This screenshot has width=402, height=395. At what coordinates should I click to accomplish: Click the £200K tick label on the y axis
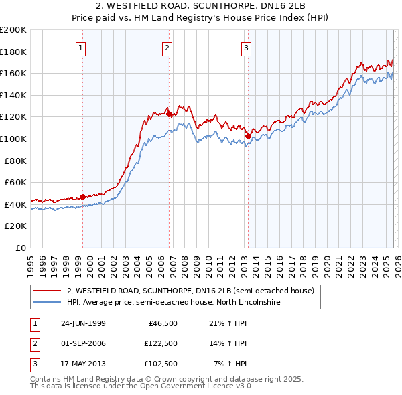pyautogui.click(x=13, y=30)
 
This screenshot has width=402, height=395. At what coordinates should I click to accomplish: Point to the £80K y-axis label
pyautogui.click(x=15, y=161)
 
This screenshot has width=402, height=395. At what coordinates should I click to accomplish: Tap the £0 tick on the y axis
pyautogui.click(x=21, y=248)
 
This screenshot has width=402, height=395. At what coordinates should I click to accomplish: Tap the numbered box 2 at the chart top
pyautogui.click(x=167, y=48)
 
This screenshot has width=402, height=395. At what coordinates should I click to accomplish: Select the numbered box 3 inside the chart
pyautogui.click(x=247, y=48)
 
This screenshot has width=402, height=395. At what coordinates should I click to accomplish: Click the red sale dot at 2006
pyautogui.click(x=168, y=114)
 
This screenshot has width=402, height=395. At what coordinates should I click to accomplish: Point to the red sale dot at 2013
pyautogui.click(x=248, y=136)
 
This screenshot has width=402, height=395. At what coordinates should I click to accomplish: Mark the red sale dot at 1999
pyautogui.click(x=83, y=197)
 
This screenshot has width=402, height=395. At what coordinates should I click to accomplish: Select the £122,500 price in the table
pyautogui.click(x=160, y=343)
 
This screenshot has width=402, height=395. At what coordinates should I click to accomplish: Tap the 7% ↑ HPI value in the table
pyautogui.click(x=232, y=364)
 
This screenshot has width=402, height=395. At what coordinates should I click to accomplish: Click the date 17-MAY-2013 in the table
pyautogui.click(x=83, y=364)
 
